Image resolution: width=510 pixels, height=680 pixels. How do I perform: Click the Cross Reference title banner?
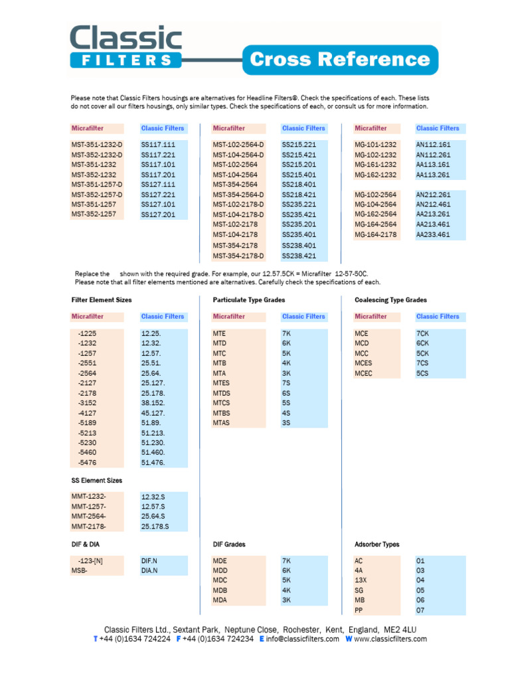339,60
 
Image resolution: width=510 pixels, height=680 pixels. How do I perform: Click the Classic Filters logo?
126,46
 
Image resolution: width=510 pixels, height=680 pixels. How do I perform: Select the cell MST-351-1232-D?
97,144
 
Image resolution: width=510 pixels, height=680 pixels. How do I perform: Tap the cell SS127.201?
158,214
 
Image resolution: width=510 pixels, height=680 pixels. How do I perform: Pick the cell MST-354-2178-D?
238,256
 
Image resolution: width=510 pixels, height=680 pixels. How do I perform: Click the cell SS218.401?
299,185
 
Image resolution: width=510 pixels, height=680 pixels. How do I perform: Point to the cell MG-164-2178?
375,234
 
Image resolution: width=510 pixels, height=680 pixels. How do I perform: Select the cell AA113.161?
433,165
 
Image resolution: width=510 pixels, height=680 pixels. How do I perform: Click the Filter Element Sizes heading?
102,300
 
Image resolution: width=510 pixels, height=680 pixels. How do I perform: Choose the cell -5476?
88,462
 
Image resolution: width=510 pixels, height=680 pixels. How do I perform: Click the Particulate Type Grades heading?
248,300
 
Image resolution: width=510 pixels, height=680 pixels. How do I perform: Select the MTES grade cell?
221,382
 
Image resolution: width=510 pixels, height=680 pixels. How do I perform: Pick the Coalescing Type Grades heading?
390,300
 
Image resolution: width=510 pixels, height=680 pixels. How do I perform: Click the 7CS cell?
423,363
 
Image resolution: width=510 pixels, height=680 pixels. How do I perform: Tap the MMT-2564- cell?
88,516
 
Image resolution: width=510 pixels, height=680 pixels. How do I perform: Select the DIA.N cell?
149,570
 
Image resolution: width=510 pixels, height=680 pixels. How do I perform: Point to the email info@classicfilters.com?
303,639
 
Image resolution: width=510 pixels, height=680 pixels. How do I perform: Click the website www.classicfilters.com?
390,639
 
